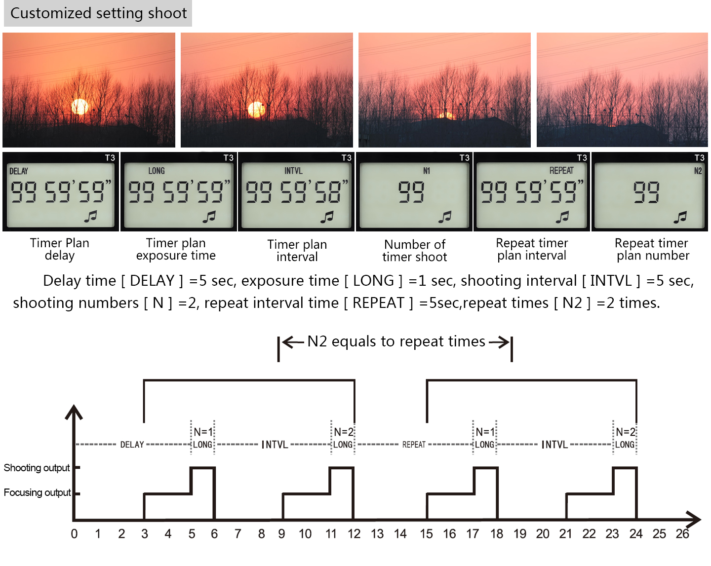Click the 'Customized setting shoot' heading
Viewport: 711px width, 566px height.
coord(98,13)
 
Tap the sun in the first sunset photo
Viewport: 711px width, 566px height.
coord(79,107)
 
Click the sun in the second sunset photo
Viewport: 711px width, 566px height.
coord(256,109)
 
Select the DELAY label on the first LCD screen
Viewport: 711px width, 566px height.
coord(19,171)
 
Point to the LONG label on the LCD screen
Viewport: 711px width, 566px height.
coord(157,171)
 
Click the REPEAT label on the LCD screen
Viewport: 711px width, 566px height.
coord(561,171)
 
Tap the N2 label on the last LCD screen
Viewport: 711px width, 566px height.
coord(698,171)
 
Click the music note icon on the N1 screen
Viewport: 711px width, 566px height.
coord(445,216)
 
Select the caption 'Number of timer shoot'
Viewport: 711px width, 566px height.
coord(415,251)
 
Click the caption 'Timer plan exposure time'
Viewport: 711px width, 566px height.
coord(176,249)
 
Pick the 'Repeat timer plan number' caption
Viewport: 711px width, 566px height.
coord(652,249)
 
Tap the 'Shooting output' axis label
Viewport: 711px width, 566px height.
coord(37,468)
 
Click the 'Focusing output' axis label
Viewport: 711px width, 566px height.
coord(37,492)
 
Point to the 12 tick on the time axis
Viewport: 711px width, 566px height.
coord(354,534)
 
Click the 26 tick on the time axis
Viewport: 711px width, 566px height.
coord(682,534)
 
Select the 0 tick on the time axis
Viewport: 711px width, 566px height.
coord(74,534)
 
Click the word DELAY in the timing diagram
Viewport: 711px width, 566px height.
coord(132,445)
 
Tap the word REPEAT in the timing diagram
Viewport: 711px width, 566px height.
coord(414,445)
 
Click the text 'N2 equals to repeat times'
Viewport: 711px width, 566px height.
coord(396,341)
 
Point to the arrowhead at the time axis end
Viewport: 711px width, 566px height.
coord(695,520)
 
